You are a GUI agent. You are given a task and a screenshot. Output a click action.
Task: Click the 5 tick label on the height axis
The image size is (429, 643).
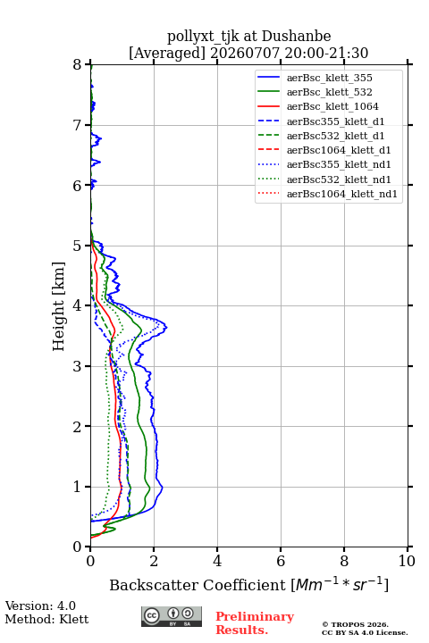(x=78, y=246)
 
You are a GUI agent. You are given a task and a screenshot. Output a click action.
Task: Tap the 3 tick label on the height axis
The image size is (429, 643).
(x=78, y=366)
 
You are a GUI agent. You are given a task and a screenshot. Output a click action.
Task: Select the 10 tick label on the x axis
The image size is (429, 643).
(x=407, y=561)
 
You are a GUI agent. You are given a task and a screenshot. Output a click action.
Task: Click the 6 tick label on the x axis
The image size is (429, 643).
(x=281, y=561)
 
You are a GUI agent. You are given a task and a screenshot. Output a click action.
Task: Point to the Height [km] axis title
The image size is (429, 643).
(x=59, y=306)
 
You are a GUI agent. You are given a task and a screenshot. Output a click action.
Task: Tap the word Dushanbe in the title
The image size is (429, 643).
(x=296, y=37)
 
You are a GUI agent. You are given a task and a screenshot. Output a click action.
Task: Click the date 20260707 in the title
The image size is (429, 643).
(x=245, y=53)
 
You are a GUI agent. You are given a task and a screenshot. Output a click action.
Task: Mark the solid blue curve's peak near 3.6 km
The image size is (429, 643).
(x=166, y=327)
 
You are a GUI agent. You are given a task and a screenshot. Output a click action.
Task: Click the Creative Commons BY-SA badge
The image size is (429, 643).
(x=172, y=616)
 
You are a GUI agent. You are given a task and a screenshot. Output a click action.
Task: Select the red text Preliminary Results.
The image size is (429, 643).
(x=255, y=623)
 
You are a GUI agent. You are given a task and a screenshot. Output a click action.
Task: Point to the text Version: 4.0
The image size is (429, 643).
(x=40, y=605)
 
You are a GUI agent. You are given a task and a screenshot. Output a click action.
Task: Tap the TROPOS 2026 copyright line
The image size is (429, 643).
(x=355, y=624)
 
